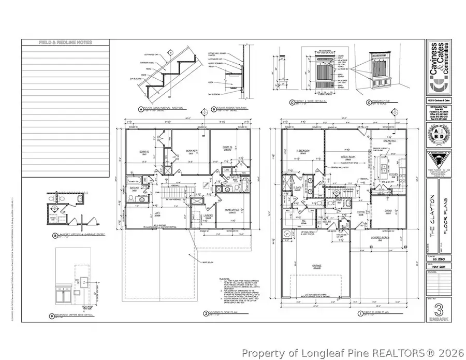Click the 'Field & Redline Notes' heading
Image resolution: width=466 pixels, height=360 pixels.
(x=65, y=42)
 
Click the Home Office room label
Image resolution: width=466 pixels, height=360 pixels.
(x=231, y=210)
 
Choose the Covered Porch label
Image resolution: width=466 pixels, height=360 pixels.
(x=384, y=240)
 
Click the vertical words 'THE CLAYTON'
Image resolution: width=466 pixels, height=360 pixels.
(x=432, y=207)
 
